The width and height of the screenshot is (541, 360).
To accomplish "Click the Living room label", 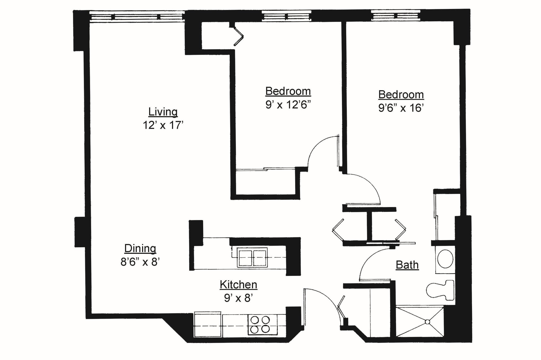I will [163, 112].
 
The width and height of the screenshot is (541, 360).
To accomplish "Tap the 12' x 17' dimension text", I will [163, 125].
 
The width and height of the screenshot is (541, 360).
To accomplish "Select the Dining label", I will [140, 248].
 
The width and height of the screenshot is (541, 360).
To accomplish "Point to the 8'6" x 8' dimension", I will [140, 262].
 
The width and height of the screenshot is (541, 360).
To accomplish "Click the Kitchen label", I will [238, 285].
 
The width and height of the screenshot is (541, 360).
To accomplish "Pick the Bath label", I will [407, 265].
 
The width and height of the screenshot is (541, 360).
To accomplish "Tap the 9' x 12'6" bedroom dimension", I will [288, 105].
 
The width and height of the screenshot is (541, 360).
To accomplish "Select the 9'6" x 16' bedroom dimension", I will [401, 108].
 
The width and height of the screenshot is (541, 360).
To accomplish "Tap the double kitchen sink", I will [252, 257].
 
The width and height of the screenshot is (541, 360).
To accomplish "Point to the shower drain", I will [427, 322].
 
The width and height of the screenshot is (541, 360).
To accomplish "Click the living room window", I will [137, 17].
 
